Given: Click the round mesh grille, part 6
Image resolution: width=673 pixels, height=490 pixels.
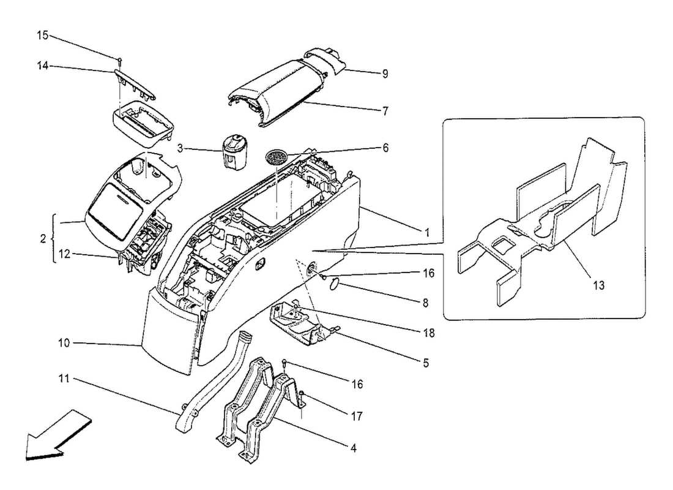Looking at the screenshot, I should (277, 157).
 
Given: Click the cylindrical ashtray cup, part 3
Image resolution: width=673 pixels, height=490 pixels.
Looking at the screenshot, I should (235, 150).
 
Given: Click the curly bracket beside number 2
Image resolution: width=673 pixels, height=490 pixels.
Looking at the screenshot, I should (54, 239).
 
